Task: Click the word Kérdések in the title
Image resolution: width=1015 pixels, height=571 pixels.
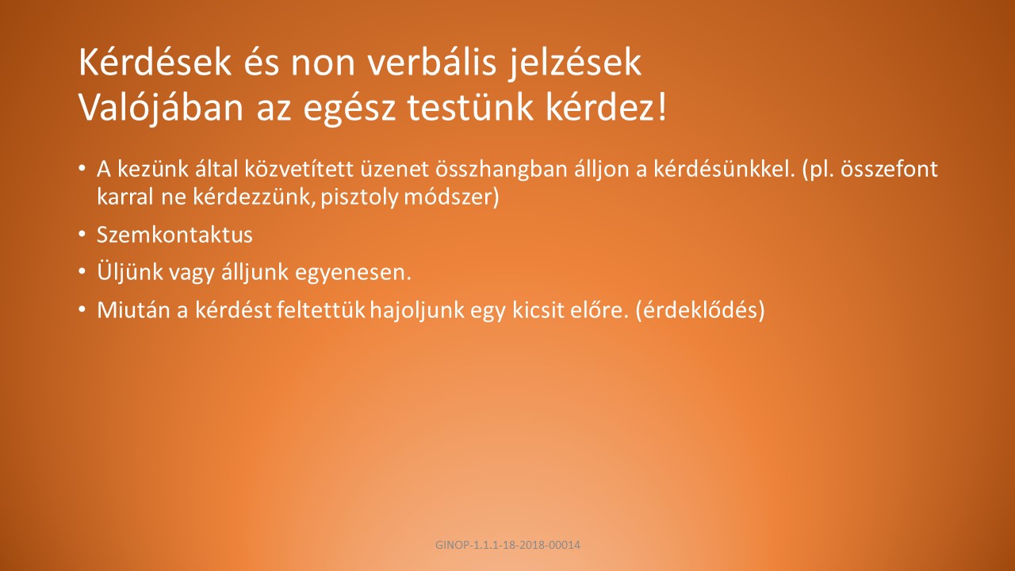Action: point(155,62)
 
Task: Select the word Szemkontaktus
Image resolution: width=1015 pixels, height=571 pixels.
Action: point(174,235)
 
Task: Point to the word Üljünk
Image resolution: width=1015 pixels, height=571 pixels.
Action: point(129,272)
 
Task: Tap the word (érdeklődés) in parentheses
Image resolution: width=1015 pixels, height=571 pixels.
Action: point(700,310)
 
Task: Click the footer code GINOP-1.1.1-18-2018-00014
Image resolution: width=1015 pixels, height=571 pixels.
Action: point(507,545)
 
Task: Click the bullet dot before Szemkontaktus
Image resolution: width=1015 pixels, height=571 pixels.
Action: point(82,234)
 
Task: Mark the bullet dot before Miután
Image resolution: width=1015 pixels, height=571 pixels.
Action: point(82,309)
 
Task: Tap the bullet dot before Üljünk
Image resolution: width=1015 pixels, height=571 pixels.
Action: point(82,271)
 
